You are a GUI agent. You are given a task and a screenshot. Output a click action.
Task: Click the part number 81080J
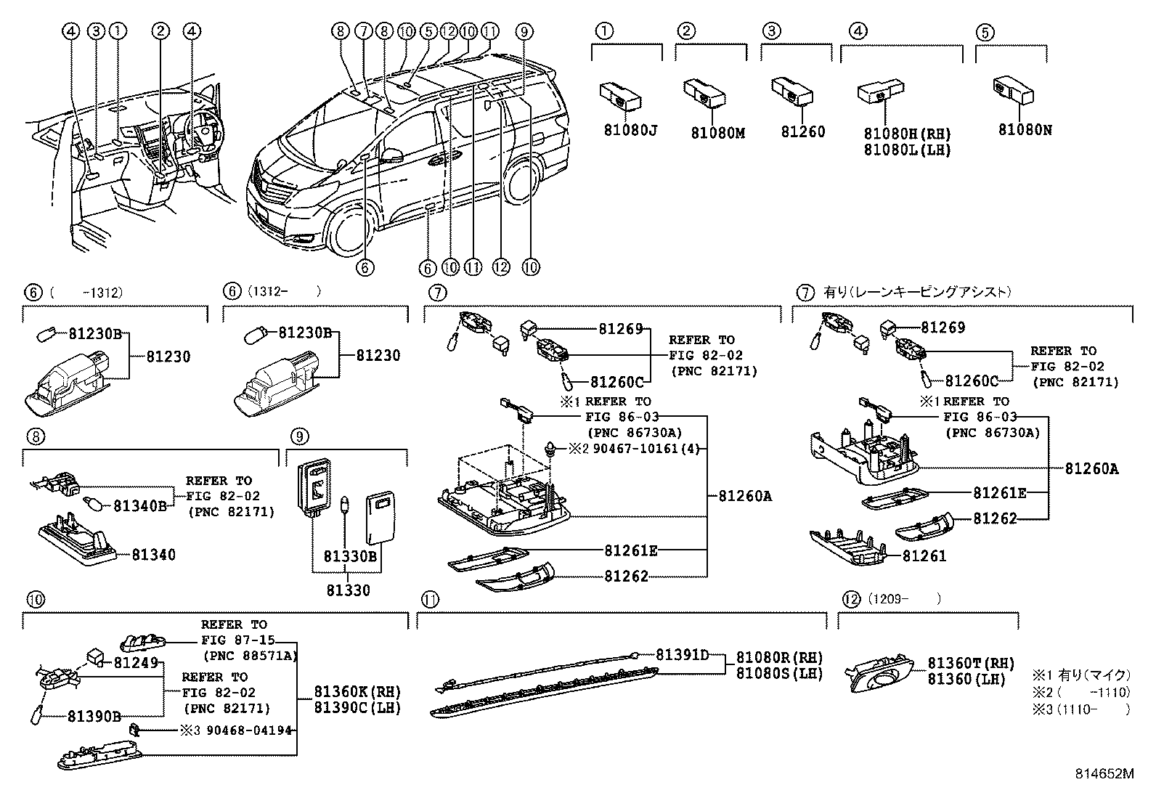[x=630, y=131]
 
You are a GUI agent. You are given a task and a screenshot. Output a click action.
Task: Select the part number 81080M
[x=717, y=133]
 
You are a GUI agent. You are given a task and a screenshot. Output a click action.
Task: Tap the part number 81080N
[x=1025, y=131]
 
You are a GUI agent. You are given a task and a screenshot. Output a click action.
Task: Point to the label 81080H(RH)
[x=907, y=134]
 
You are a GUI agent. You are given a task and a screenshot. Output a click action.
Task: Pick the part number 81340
[x=153, y=555]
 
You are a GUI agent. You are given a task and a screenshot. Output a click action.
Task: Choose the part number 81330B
[x=350, y=556]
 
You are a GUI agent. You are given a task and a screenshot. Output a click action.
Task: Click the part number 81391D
[x=682, y=655]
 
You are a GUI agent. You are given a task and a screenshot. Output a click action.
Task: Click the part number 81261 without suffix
[x=924, y=555]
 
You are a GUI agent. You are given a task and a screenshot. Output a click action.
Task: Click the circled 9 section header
[x=299, y=436]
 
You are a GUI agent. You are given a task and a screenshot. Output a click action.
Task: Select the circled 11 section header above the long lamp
[x=431, y=600]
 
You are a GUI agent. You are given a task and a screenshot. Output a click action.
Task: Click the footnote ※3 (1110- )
[x=1081, y=709]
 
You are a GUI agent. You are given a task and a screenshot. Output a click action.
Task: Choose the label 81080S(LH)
[x=779, y=673]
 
